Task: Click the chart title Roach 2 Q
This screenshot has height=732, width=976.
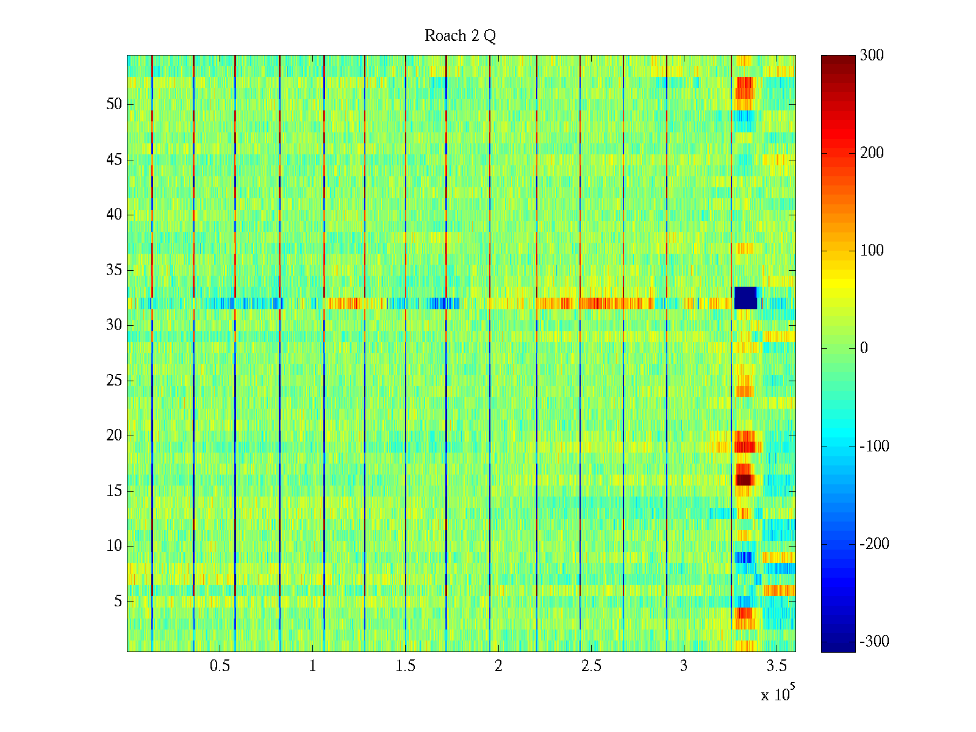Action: tap(460, 36)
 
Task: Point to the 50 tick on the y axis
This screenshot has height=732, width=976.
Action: tap(114, 104)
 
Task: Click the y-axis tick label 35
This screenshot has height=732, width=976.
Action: tap(114, 270)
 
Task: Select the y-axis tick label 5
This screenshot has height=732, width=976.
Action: tap(118, 601)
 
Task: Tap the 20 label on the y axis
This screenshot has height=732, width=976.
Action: tap(114, 436)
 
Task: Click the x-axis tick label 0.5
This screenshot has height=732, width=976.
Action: tap(220, 666)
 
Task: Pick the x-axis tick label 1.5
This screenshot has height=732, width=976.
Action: tap(405, 666)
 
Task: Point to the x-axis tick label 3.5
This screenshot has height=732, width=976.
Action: tap(776, 666)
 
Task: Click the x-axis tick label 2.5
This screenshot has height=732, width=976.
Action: tap(590, 666)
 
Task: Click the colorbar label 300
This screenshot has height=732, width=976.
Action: tap(872, 56)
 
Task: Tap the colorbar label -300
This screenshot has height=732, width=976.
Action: tap(874, 642)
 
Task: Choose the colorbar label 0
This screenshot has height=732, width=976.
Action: tap(864, 348)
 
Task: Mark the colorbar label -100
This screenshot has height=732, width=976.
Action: tap(874, 447)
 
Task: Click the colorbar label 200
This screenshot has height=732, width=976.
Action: tap(872, 153)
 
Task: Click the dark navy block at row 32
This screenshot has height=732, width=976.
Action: tap(745, 298)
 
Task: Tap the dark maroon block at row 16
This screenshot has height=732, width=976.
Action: tap(744, 480)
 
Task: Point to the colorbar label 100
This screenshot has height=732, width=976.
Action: tap(872, 251)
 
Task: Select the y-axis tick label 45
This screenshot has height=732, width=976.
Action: tap(114, 160)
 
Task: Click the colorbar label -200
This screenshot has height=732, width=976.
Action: tap(874, 544)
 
